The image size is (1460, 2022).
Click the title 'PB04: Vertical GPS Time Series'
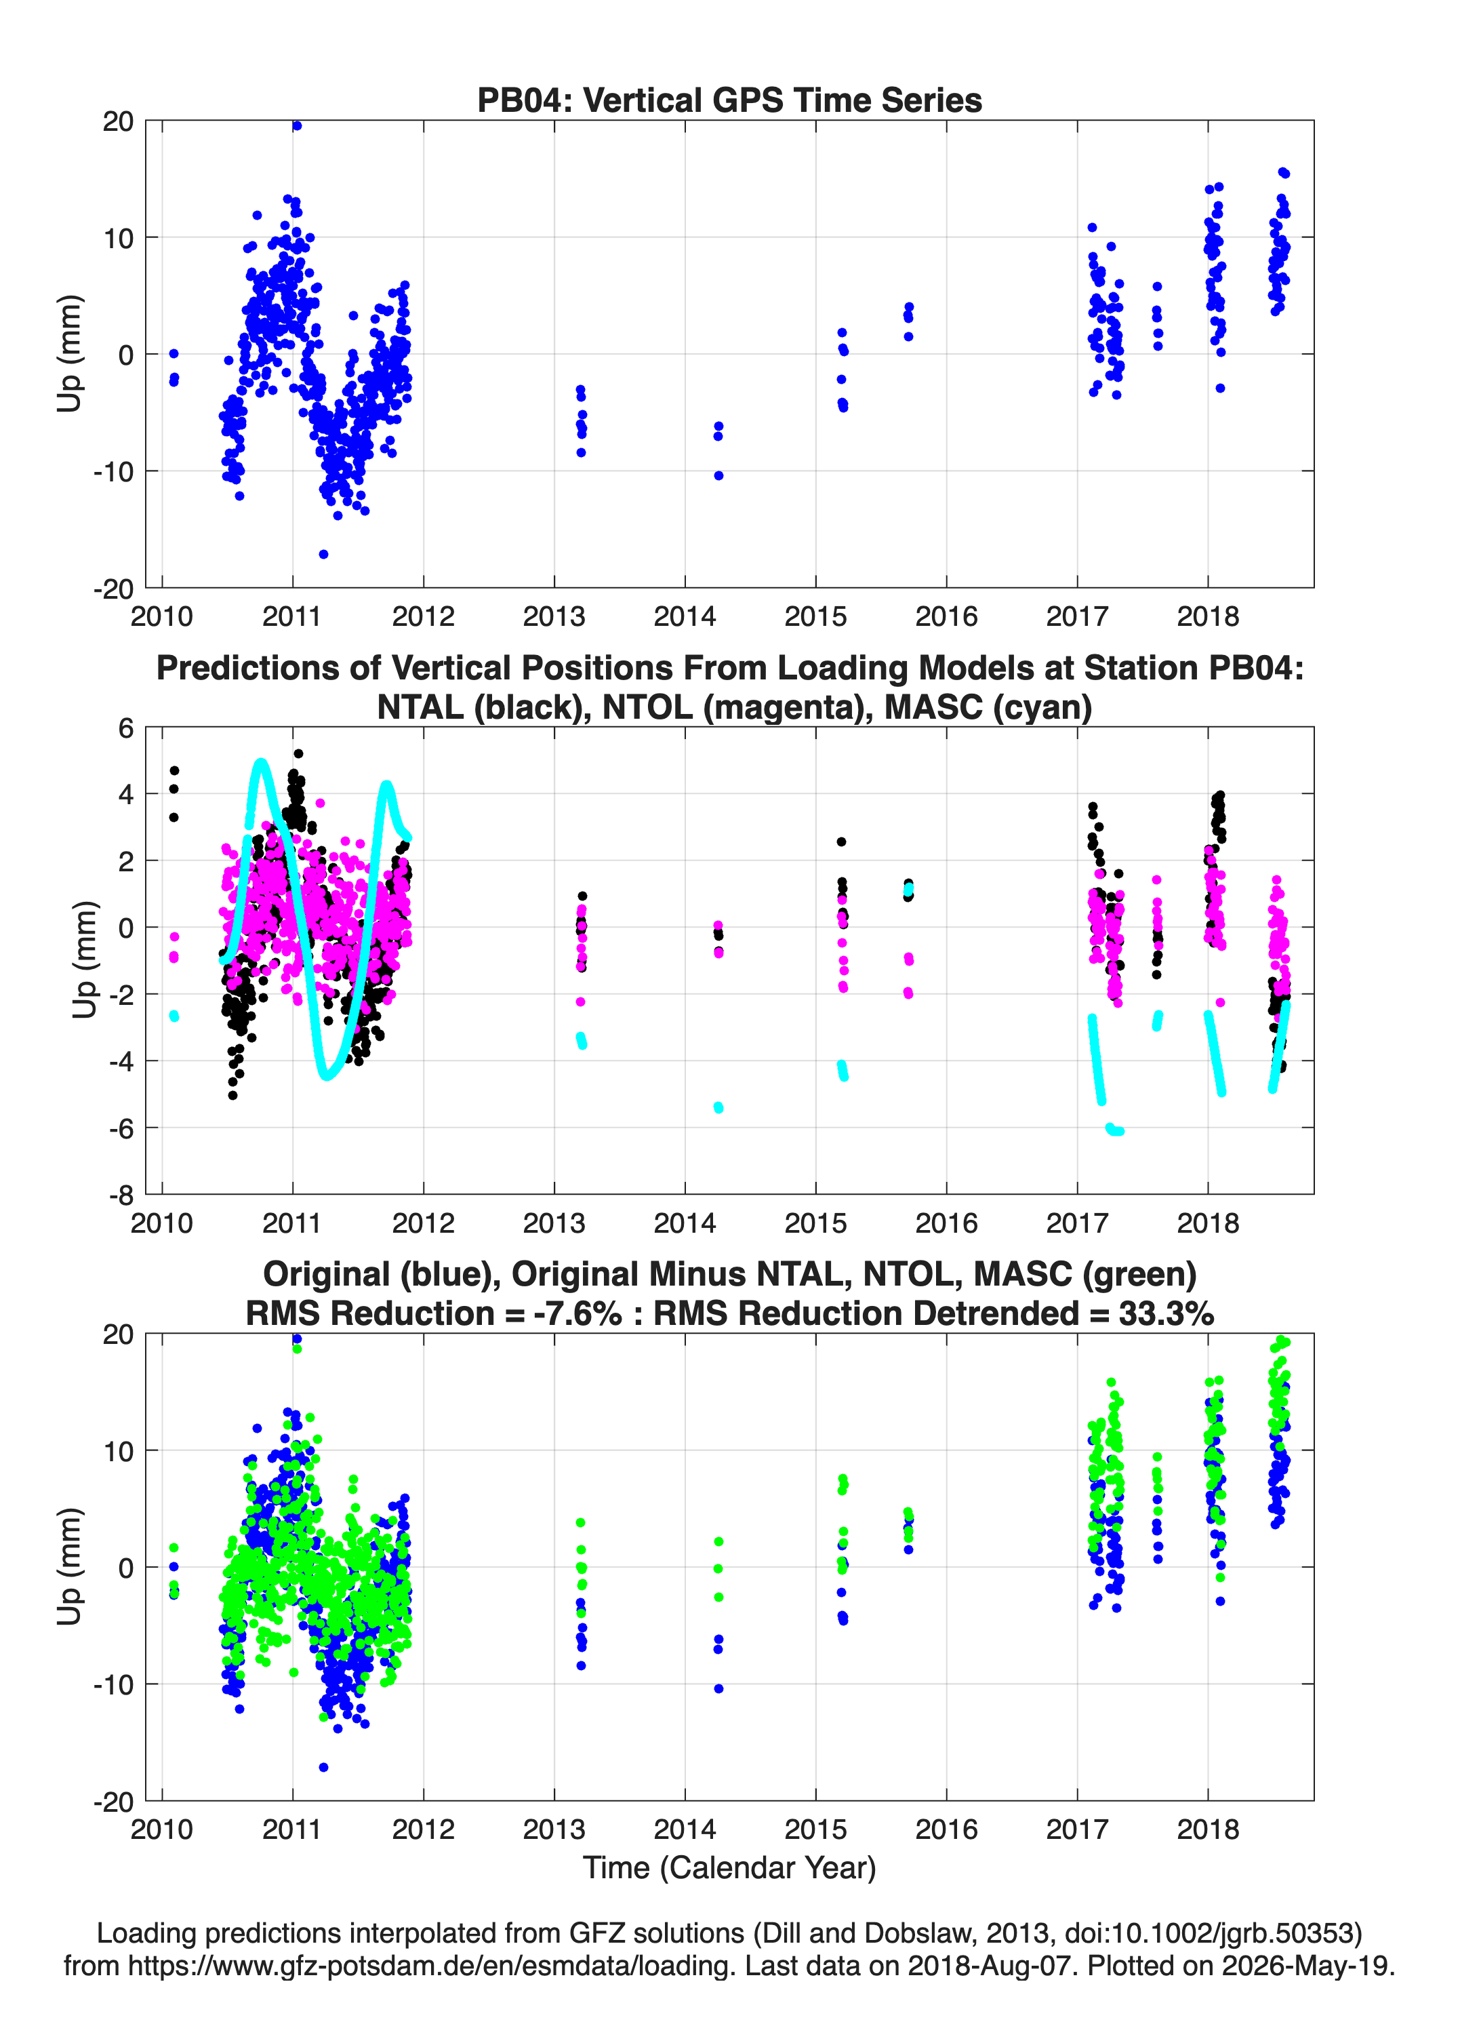point(729,100)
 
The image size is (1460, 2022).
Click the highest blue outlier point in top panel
point(297,125)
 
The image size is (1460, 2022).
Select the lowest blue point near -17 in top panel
point(323,555)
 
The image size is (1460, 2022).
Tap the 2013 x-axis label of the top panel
point(554,617)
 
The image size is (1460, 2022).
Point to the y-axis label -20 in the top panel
point(113,589)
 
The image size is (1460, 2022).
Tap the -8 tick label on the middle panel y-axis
point(121,1195)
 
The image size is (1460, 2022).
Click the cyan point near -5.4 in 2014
point(718,1107)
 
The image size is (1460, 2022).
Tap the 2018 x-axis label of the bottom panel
point(1208,1829)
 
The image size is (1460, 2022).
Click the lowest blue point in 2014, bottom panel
point(718,1688)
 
